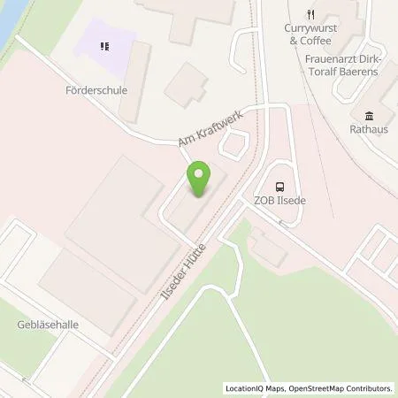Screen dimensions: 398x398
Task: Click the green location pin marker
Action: (200, 180)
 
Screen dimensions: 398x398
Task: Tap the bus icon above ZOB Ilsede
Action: (279, 186)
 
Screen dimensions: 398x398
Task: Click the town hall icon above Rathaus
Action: (367, 114)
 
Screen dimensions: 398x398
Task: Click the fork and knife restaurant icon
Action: (310, 14)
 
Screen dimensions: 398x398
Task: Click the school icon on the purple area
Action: (105, 45)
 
